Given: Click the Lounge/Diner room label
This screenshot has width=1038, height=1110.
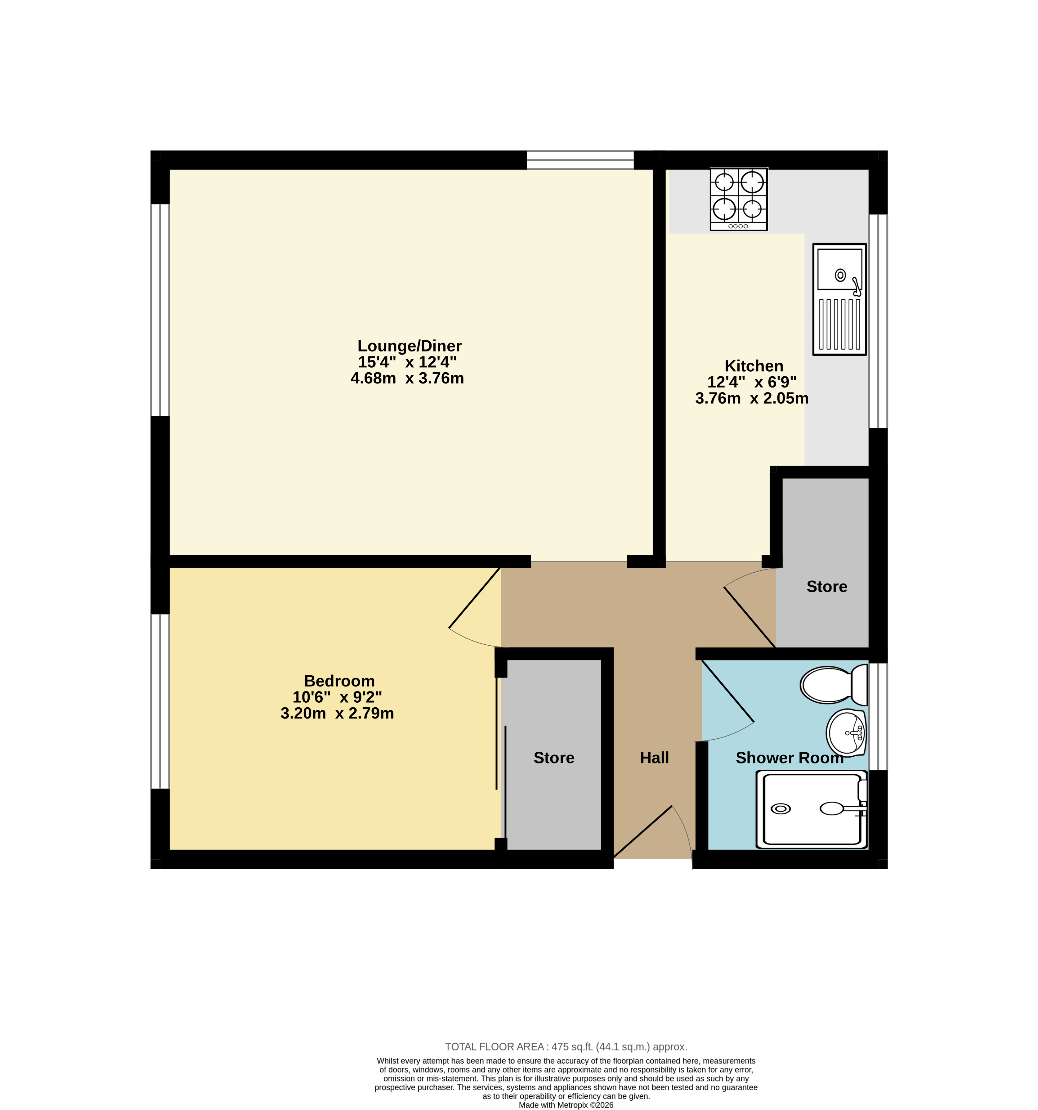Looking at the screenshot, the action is click(409, 346).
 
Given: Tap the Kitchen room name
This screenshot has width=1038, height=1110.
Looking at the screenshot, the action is click(754, 366).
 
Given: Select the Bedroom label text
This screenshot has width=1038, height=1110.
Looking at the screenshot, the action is click(339, 681).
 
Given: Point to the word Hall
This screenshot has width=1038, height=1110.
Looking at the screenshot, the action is click(654, 758).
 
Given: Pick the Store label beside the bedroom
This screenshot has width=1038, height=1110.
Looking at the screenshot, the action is click(554, 758).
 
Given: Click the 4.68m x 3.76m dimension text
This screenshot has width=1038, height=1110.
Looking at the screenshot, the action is click(407, 378).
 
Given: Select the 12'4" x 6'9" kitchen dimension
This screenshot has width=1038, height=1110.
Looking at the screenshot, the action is click(752, 383).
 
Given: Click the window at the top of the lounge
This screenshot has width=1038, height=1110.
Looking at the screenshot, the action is click(580, 160).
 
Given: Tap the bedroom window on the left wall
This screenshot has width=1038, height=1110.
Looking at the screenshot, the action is click(160, 701).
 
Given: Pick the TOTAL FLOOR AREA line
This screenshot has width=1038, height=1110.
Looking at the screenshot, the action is click(566, 1047).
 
